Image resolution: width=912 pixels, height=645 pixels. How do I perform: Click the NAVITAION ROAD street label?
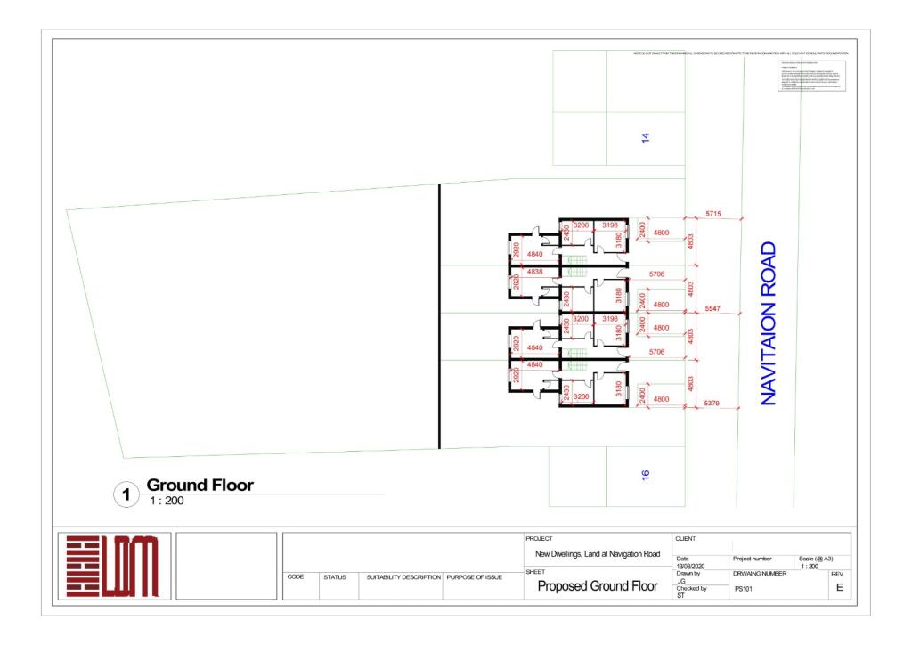pyautogui.click(x=769, y=323)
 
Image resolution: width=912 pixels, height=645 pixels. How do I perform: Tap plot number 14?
pyautogui.click(x=646, y=137)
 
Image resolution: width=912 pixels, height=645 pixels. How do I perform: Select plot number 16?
pyautogui.click(x=646, y=476)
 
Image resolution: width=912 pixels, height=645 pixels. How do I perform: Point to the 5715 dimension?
pyautogui.click(x=713, y=215)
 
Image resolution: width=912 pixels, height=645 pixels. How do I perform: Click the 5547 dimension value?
pyautogui.click(x=712, y=307)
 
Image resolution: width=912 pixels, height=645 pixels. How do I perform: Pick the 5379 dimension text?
pyautogui.click(x=712, y=404)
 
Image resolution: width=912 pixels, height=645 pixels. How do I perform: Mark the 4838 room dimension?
pyautogui.click(x=535, y=271)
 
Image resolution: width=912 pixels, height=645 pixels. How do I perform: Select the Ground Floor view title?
pyautogui.click(x=199, y=486)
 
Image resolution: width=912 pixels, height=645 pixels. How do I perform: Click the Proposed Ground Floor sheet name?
pyautogui.click(x=598, y=586)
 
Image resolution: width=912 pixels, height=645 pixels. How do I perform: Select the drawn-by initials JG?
pyautogui.click(x=681, y=581)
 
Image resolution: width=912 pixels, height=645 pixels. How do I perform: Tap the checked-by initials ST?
pyautogui.click(x=681, y=595)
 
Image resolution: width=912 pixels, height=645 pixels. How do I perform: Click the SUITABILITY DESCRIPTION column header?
pyautogui.click(x=403, y=577)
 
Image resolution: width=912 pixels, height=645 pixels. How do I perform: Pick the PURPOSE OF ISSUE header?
pyautogui.click(x=475, y=577)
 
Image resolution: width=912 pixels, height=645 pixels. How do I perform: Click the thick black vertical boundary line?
pyautogui.click(x=440, y=316)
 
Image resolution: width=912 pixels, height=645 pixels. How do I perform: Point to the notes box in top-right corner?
pyautogui.click(x=810, y=78)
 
